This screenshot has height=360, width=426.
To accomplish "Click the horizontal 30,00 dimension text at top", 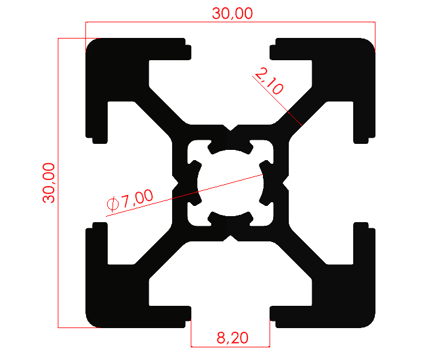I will [x=232, y=14].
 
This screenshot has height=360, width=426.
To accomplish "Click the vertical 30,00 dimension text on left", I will [x=48, y=182].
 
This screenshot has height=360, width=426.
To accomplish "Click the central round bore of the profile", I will [x=230, y=182].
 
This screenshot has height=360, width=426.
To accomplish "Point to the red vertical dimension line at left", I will [x=58, y=120].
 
